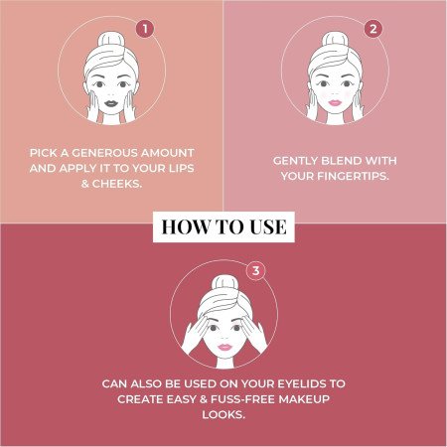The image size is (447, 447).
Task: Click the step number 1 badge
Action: click(x=144, y=28)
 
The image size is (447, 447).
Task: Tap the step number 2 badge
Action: click(x=373, y=28)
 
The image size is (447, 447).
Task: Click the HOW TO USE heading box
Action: click(x=223, y=227)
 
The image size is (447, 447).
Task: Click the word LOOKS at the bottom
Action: click(x=223, y=416)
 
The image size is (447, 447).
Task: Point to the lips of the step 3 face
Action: click(x=224, y=344)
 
